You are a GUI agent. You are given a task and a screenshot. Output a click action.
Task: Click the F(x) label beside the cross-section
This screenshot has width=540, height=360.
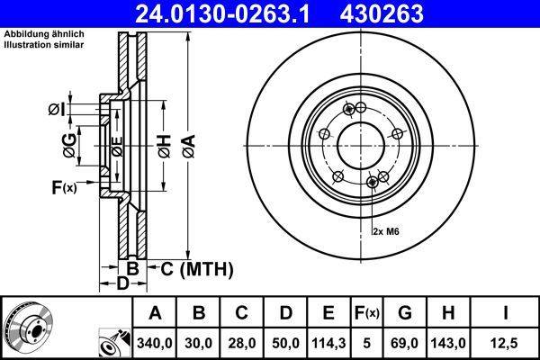pyautogui.click(x=64, y=187)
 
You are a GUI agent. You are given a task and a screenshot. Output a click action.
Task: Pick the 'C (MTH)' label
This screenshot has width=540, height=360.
pyautogui.click(x=196, y=268)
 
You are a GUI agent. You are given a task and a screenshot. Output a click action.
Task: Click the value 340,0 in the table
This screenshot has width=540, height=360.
pyautogui.click(x=156, y=342)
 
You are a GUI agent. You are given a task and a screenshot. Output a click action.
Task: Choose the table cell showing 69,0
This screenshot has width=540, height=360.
pyautogui.click(x=404, y=342)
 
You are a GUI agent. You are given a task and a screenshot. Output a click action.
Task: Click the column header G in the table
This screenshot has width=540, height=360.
pyautogui.click(x=404, y=313)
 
